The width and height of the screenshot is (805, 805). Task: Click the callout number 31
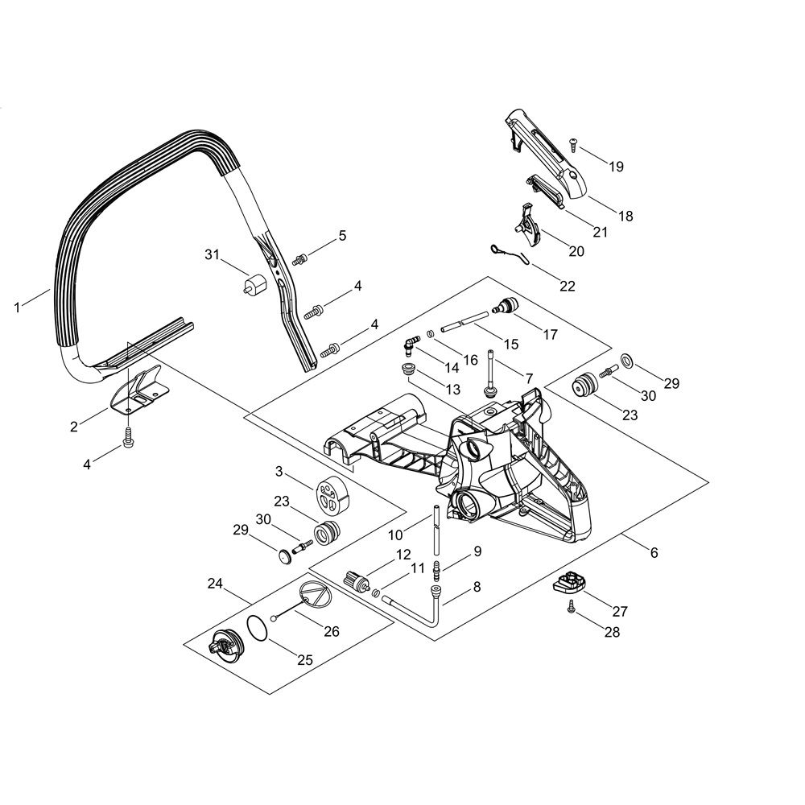point(212,254)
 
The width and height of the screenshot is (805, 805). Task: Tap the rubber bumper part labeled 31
point(254,285)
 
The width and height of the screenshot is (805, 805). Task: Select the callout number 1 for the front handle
point(17,308)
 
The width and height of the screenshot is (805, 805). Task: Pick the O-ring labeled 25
point(256,627)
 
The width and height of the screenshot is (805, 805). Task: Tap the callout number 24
point(215,584)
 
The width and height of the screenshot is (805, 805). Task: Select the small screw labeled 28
point(571,607)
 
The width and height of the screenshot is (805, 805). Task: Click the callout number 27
point(620,611)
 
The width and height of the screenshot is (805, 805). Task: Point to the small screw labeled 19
point(573,146)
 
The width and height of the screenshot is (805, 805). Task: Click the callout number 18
point(625,216)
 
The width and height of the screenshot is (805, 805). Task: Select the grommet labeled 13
point(409,369)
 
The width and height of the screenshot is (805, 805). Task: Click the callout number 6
point(654,552)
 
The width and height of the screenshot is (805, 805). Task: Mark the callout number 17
point(550,334)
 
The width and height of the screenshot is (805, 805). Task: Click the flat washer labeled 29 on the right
point(626,361)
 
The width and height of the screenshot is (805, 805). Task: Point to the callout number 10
point(394,535)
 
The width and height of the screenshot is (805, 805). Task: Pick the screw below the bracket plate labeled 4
point(128,437)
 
